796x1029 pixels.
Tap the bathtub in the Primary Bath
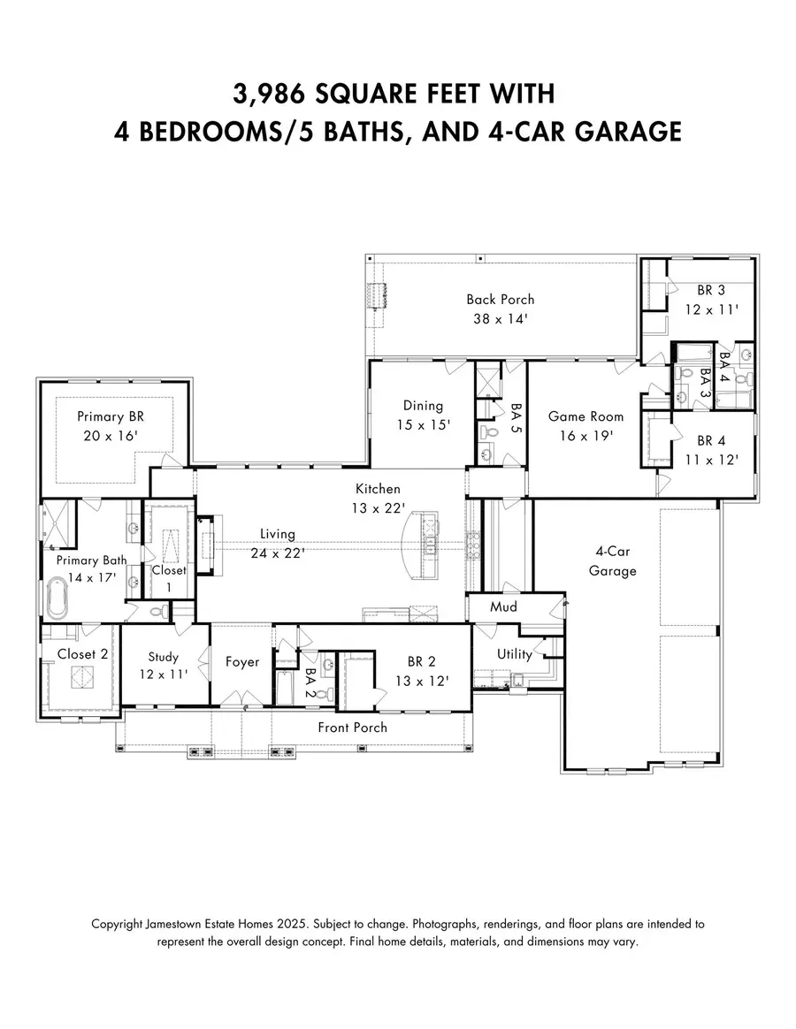(58, 598)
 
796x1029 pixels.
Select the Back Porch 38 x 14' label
(501, 309)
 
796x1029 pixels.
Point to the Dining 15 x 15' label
(423, 415)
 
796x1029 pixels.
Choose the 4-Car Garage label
(612, 561)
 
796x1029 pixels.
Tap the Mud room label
(503, 607)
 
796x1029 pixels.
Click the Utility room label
(515, 654)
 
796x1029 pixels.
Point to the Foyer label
(241, 662)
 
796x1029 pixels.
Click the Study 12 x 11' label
(164, 666)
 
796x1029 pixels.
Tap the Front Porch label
(353, 728)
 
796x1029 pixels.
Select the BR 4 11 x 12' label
(716, 450)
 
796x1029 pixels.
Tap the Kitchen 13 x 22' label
(379, 498)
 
